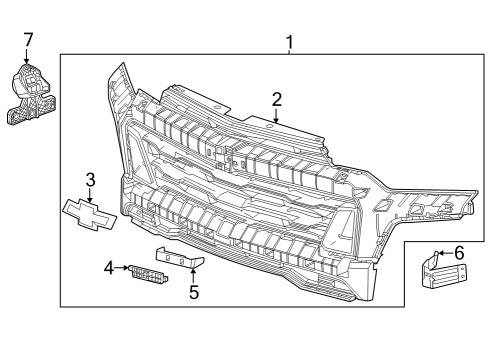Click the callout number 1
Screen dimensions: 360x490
[x=290, y=42]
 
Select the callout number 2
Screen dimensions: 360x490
[x=276, y=99]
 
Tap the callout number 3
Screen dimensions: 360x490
[x=90, y=180]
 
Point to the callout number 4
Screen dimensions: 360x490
[x=109, y=267]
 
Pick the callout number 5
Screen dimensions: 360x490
[x=194, y=292]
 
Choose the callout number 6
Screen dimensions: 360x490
[x=459, y=253]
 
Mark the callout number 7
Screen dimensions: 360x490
[x=28, y=39]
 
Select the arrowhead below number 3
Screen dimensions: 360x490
[x=90, y=198]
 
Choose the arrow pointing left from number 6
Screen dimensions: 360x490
[x=442, y=254]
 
